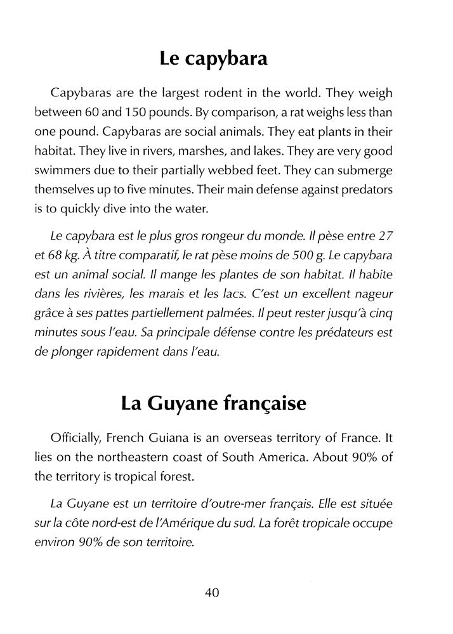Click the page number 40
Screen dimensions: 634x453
pos(213,592)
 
